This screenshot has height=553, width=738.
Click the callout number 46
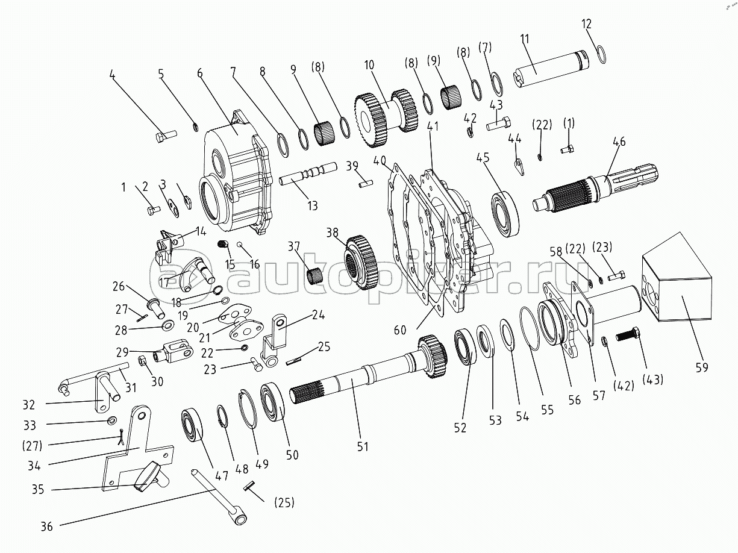coord(619,142)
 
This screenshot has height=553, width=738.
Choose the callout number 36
coord(47,526)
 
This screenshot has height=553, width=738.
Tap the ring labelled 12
coord(600,54)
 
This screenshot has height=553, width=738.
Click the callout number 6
coord(199,73)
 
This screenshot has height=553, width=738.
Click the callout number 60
coord(400,330)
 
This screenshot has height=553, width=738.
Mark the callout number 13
coord(312,205)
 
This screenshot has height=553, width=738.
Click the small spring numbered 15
coord(223,244)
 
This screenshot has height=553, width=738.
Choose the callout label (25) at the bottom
coord(284,502)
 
